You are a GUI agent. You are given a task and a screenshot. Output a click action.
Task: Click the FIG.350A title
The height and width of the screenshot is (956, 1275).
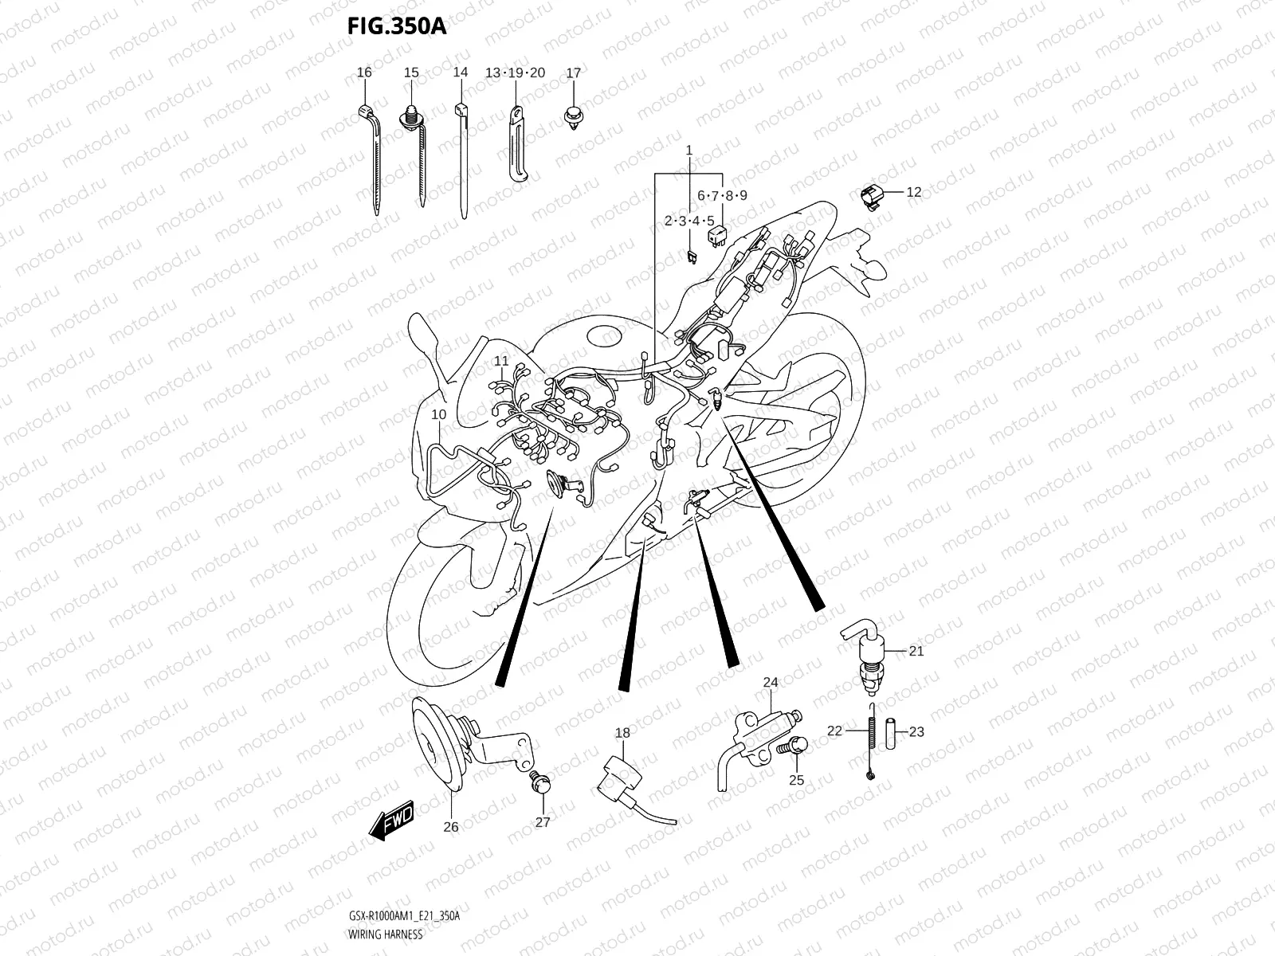[x=396, y=26]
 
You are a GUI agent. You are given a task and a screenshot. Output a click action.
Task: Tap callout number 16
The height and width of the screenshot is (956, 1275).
[x=364, y=72]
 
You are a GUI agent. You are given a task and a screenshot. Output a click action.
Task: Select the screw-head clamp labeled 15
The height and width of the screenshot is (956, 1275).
[x=413, y=119]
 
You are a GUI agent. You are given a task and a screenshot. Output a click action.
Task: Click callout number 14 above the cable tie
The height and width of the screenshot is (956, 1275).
[x=461, y=72]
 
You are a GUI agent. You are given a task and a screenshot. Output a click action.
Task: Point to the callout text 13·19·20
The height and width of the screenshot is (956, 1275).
[x=515, y=72]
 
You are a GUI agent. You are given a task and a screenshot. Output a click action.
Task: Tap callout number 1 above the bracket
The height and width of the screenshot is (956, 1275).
[x=689, y=150]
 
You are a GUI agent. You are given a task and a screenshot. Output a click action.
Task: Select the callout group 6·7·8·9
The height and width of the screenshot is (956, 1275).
[x=722, y=195]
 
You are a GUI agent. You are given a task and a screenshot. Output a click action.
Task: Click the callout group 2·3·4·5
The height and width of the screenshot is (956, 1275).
[x=689, y=221]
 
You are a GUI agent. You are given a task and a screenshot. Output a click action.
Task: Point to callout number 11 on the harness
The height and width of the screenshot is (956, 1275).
[x=500, y=361]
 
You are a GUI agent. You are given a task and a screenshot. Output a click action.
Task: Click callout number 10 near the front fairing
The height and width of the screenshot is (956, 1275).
[x=439, y=414]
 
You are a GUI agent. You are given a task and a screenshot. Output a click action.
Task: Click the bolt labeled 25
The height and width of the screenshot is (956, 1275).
[x=795, y=747]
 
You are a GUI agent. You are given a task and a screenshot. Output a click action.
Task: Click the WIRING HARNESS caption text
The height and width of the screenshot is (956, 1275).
[x=385, y=934]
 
